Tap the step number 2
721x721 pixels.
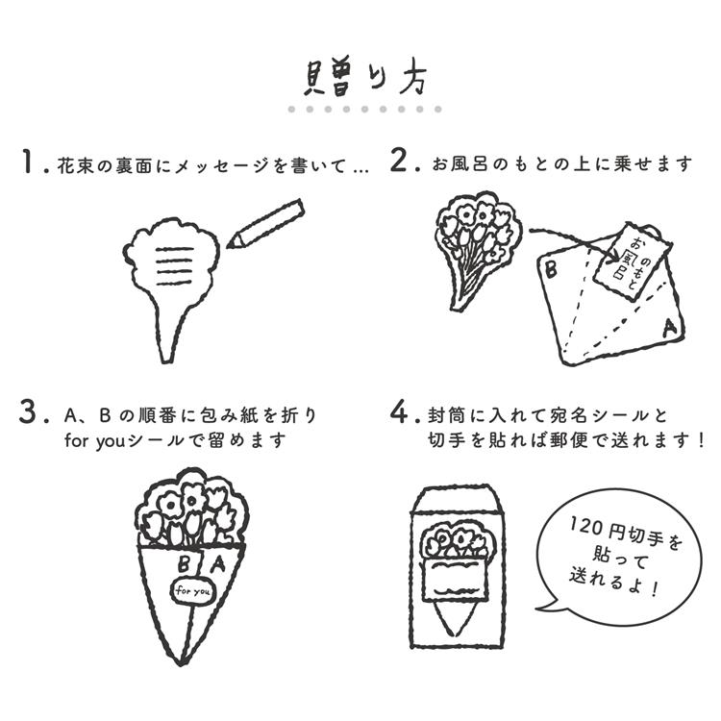(399, 161)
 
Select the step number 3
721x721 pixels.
(28, 411)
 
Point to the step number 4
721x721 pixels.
(399, 411)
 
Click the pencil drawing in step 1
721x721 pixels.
(265, 223)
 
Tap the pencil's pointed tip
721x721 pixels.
(228, 247)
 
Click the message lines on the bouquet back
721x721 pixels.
(174, 266)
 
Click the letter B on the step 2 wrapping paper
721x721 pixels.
(551, 269)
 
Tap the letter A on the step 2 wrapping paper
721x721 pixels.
(668, 327)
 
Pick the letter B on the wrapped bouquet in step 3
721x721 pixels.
(183, 564)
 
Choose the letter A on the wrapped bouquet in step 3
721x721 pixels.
(219, 563)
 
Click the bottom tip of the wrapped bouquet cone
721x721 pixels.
(182, 663)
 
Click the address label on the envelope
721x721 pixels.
(455, 579)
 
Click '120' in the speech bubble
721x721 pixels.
(585, 526)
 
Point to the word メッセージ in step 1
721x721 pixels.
(223, 165)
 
